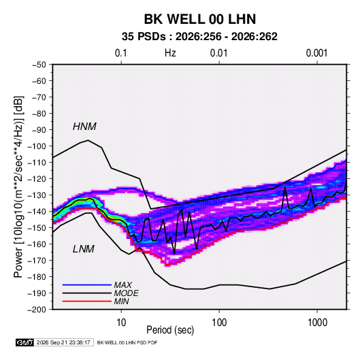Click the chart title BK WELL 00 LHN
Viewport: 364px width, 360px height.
click(200, 19)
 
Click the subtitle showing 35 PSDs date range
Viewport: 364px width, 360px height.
click(199, 37)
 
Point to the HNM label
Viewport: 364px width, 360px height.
click(84, 127)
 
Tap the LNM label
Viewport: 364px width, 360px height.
click(84, 249)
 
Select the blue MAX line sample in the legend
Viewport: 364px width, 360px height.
click(87, 284)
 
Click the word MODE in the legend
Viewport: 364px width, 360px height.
click(126, 293)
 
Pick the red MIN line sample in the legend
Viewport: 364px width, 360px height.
click(87, 301)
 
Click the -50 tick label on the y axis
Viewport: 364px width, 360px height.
click(39, 65)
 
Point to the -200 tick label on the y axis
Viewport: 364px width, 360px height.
click(37, 310)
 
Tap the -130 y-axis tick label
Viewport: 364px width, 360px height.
click(37, 195)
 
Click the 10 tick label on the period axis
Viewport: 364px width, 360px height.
click(121, 323)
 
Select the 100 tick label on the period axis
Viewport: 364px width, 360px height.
click(219, 323)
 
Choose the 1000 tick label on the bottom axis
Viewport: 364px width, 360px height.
click(317, 323)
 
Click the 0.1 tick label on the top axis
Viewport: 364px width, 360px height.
click(121, 53)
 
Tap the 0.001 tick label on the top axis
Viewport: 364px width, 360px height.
click(316, 53)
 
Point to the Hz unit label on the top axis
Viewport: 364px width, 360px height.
click(170, 53)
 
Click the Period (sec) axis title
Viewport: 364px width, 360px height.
click(170, 330)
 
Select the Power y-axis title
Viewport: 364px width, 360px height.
click(18, 187)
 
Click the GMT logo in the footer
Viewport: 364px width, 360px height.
click(25, 342)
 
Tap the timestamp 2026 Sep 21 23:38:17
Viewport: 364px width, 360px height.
click(63, 342)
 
